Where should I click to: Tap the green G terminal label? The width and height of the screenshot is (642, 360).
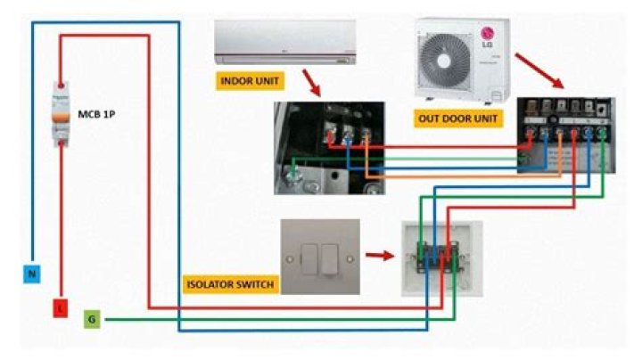point(91,318)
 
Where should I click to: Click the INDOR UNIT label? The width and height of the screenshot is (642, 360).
point(249,81)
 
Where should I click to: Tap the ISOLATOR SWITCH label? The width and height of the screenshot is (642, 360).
point(228,285)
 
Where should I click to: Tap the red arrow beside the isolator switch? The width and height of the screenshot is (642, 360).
point(379,256)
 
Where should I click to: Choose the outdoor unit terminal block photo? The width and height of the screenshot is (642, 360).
point(566,134)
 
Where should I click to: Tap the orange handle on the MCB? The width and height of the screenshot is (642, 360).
point(60,117)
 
